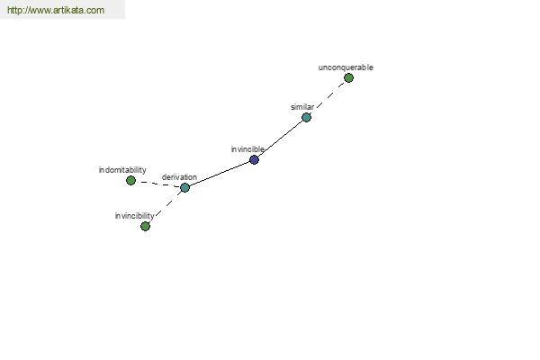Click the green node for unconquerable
tap(348, 78)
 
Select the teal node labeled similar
tap(306, 118)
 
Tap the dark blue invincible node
tap(254, 160)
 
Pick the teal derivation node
tap(184, 188)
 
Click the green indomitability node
tap(130, 181)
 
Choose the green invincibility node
tap(145, 226)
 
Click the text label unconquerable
tap(346, 67)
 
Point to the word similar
tap(302, 107)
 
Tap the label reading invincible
tap(247, 149)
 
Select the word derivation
tap(179, 177)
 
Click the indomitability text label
tap(122, 170)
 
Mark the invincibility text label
tap(134, 216)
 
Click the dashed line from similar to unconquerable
tap(328, 97)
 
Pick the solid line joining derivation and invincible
tap(220, 174)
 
